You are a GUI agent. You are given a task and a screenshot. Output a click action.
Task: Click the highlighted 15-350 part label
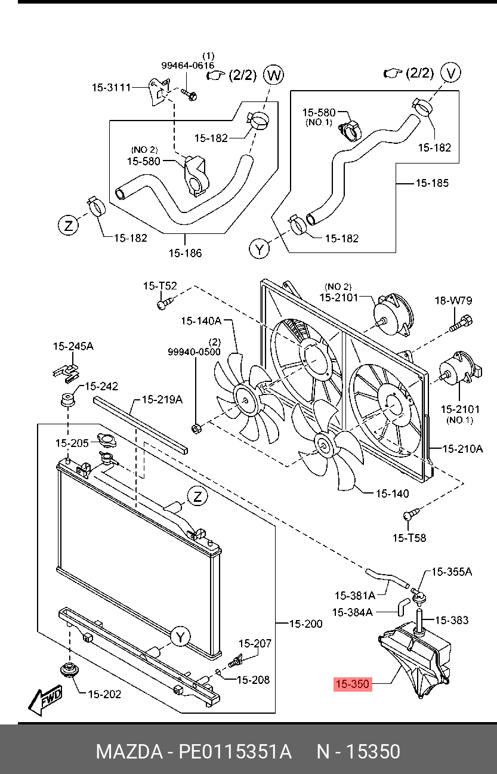point(352,684)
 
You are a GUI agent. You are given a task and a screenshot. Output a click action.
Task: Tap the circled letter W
point(273,75)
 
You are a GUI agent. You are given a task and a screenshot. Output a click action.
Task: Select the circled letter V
point(452,73)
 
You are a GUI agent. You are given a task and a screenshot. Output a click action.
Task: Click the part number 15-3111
point(111,87)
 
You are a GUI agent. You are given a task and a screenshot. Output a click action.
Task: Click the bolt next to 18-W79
point(459,324)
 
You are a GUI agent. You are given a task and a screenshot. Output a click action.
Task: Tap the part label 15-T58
point(409,538)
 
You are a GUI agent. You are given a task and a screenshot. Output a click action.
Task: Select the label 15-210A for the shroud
point(462,448)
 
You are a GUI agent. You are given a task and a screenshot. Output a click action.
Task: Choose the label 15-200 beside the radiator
point(305,624)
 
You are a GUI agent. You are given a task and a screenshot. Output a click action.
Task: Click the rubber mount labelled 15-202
point(70,670)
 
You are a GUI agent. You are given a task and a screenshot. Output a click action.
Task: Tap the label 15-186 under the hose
point(185,253)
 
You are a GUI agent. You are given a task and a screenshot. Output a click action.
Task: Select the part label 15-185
point(432,183)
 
